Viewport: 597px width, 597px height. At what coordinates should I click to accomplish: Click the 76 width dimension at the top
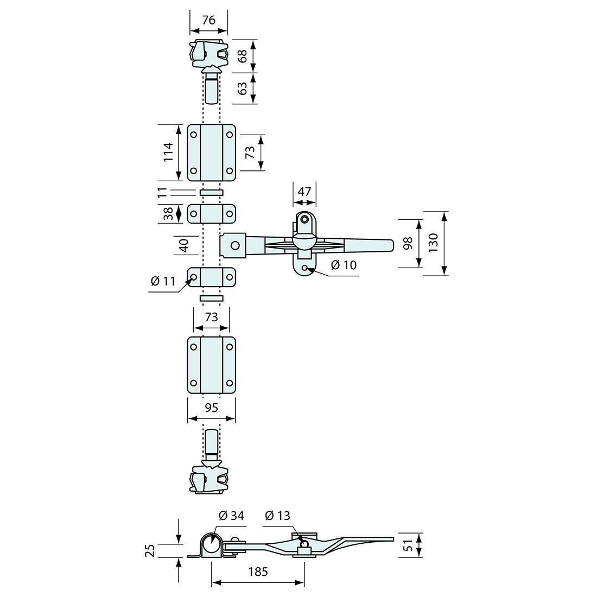pyautogui.click(x=208, y=20)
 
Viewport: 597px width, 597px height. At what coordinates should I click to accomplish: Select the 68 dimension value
pyautogui.click(x=243, y=55)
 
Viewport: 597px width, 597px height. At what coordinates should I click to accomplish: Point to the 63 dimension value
pyautogui.click(x=243, y=88)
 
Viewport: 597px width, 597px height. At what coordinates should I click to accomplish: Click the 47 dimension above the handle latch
pyautogui.click(x=305, y=191)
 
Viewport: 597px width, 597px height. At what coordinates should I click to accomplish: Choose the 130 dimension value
pyautogui.click(x=433, y=243)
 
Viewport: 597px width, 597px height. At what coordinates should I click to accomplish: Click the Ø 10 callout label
pyautogui.click(x=343, y=265)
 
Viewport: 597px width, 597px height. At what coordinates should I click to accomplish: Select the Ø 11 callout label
pyautogui.click(x=163, y=281)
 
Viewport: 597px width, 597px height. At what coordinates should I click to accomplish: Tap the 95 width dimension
pyautogui.click(x=212, y=407)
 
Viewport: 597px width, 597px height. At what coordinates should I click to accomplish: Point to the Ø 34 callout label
pyautogui.click(x=231, y=516)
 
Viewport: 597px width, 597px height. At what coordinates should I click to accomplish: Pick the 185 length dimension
pyautogui.click(x=258, y=571)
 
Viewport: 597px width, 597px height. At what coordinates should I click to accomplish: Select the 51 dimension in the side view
pyautogui.click(x=408, y=545)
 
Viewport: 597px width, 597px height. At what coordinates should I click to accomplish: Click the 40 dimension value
pyautogui.click(x=183, y=245)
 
